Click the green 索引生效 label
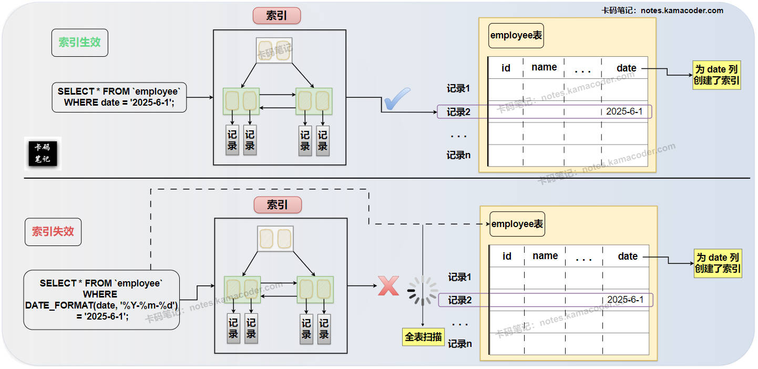(79, 43)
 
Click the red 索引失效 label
(53, 232)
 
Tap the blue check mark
(397, 99)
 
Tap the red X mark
(388, 286)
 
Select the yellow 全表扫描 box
(423, 337)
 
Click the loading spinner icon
(423, 291)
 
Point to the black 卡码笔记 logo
(43, 153)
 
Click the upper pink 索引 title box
(276, 16)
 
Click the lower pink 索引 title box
(278, 204)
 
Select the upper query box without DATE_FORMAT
(119, 97)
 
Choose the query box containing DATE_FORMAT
(101, 300)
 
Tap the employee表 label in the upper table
(516, 36)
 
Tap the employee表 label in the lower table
(517, 224)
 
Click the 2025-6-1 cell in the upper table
(624, 111)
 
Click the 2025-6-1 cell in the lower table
(625, 300)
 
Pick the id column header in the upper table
(506, 68)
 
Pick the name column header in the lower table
(545, 256)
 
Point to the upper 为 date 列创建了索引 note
(717, 75)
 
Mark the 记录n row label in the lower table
(459, 344)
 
